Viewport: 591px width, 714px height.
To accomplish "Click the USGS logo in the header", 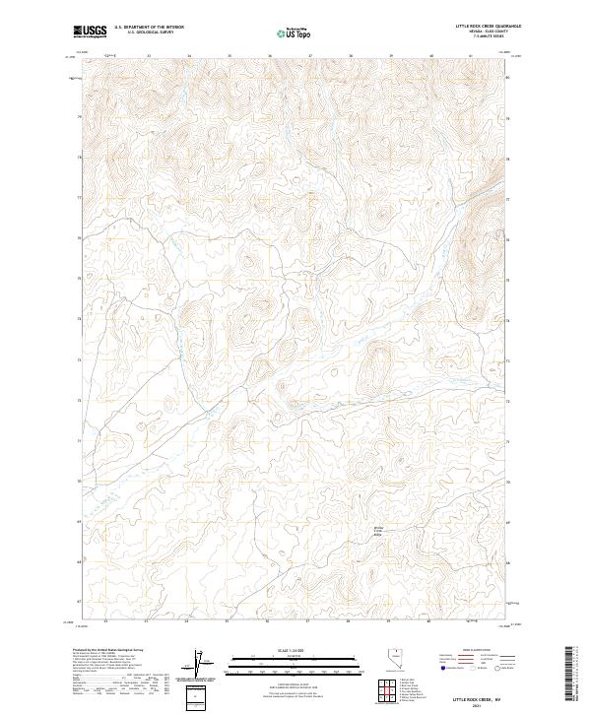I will click(x=91, y=32).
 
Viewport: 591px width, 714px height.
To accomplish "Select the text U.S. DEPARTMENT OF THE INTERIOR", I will click(x=149, y=28).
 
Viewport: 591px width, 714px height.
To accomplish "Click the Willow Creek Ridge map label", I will click(x=376, y=532).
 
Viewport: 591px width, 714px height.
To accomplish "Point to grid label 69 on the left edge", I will click(x=79, y=521).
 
